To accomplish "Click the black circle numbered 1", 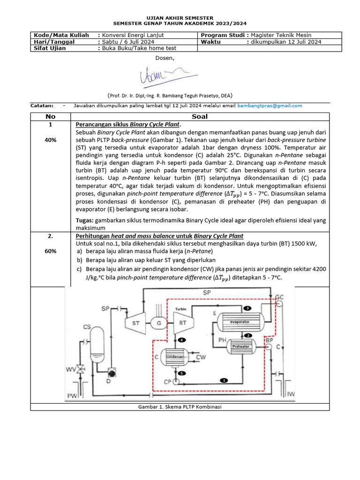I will (224, 380).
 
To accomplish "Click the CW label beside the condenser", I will (201, 357).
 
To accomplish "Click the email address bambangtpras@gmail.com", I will (270, 105).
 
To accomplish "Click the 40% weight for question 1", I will (51, 140).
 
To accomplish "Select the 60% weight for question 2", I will (51, 251).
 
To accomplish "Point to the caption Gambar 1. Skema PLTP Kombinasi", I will (180, 406).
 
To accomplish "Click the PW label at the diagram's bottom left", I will (72, 397).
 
